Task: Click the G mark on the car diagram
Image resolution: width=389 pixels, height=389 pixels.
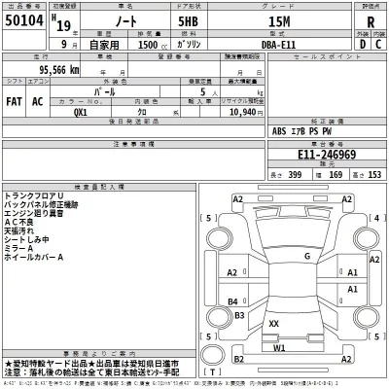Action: click(x=307, y=257)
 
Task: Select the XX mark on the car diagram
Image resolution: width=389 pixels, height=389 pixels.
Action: click(x=274, y=323)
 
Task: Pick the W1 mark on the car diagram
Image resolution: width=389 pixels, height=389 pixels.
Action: click(x=280, y=347)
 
